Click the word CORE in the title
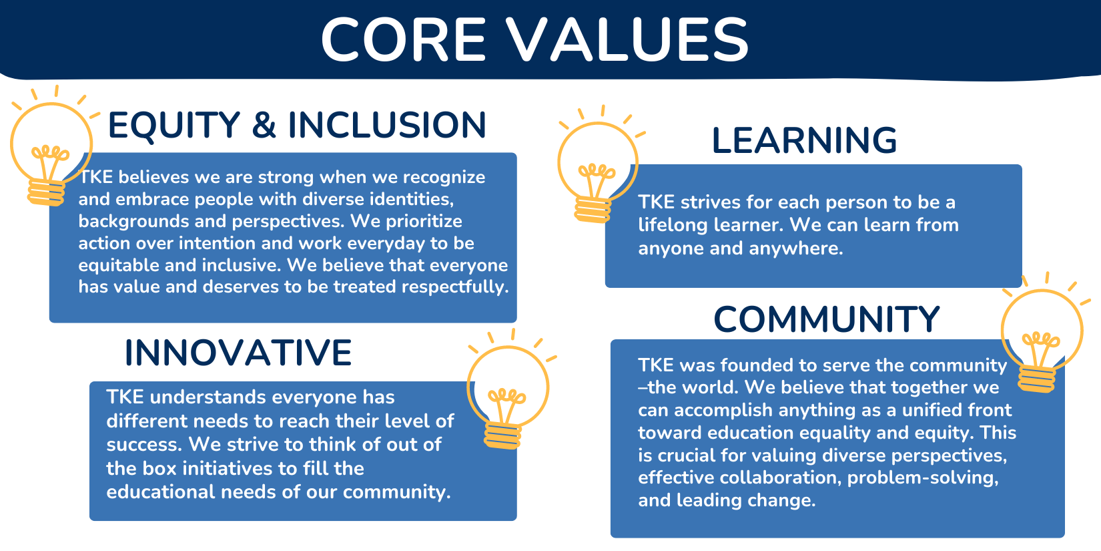403,39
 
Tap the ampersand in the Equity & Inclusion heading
264,125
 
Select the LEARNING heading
804,140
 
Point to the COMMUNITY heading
826,319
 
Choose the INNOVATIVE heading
238,353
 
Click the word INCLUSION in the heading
386,125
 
